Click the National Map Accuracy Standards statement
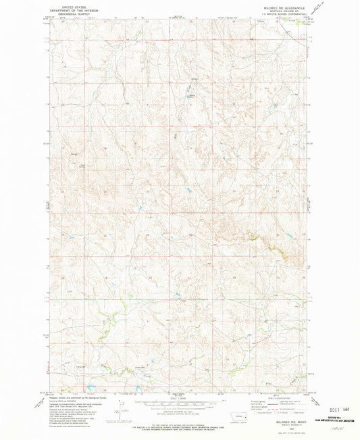180,418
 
